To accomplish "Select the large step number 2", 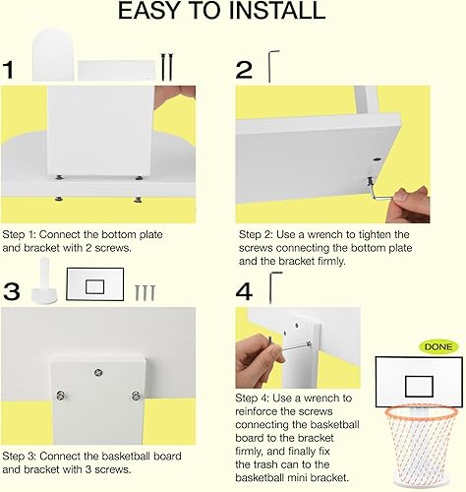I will [x=246, y=70].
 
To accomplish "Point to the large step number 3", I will [x=11, y=292].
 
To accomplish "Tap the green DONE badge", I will [x=437, y=345].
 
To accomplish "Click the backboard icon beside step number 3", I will [x=95, y=286].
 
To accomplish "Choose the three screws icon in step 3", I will [x=146, y=291].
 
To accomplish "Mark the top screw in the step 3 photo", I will [x=96, y=372].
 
